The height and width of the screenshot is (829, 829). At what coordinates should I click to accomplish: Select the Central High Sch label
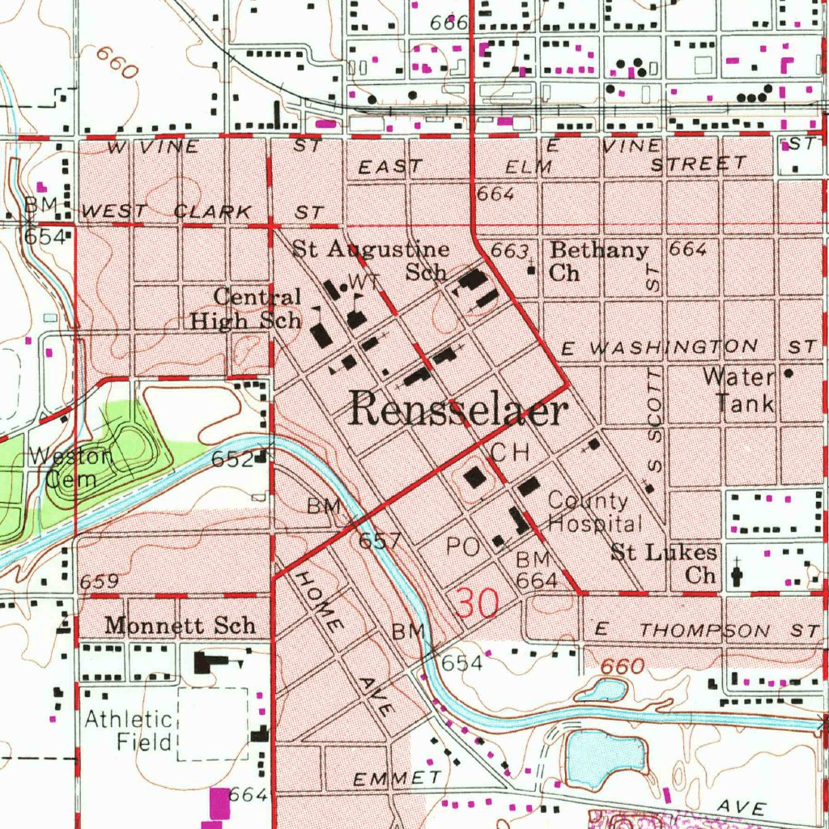(x=246, y=308)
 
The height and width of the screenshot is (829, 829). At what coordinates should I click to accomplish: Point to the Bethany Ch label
(x=598, y=261)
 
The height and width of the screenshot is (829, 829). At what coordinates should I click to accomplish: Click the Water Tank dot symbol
(x=789, y=373)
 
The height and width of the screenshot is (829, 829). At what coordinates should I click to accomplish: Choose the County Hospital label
(x=593, y=512)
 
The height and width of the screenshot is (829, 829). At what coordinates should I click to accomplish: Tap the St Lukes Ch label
(x=665, y=563)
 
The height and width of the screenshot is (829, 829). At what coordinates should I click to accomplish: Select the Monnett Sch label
(x=180, y=625)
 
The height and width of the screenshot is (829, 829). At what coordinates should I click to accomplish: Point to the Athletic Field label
(x=130, y=730)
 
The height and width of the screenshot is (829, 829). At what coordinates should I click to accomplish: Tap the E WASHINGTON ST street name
(x=688, y=348)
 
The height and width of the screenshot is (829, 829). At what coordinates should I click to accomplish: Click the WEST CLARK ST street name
(x=202, y=212)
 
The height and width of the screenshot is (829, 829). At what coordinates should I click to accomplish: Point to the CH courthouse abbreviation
(x=510, y=453)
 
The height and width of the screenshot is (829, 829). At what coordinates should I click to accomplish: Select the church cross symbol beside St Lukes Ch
(x=737, y=573)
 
